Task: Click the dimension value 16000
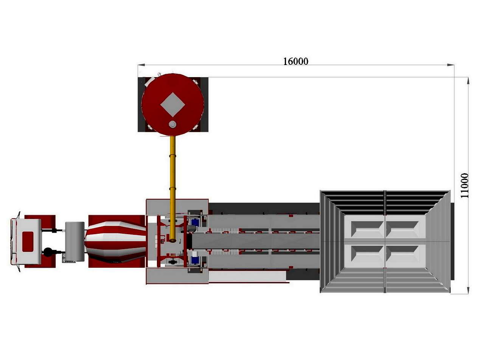(x=295, y=61)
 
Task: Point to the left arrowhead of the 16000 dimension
(x=141, y=65)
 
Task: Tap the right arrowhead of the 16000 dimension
(x=451, y=65)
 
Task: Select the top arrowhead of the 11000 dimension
(x=468, y=81)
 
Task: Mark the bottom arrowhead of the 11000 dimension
(x=468, y=290)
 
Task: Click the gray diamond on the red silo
(x=172, y=104)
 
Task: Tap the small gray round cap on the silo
(x=172, y=124)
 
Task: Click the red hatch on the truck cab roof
(x=28, y=242)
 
